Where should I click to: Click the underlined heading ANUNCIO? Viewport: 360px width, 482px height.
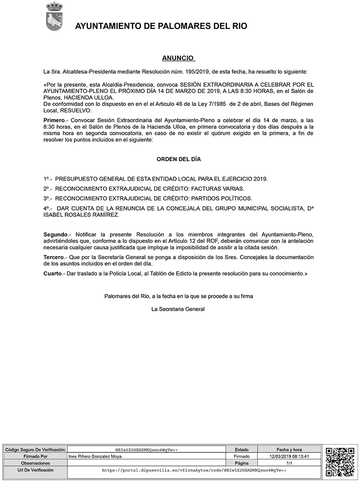[x=178, y=58]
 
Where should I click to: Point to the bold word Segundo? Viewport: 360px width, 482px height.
[x=55, y=234]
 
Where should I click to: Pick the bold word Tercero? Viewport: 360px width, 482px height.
[x=54, y=258]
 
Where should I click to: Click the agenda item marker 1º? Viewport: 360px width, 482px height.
[x=48, y=179]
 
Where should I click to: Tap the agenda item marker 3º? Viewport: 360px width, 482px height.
[x=48, y=198]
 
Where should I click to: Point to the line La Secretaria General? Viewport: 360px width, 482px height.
[x=178, y=309]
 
